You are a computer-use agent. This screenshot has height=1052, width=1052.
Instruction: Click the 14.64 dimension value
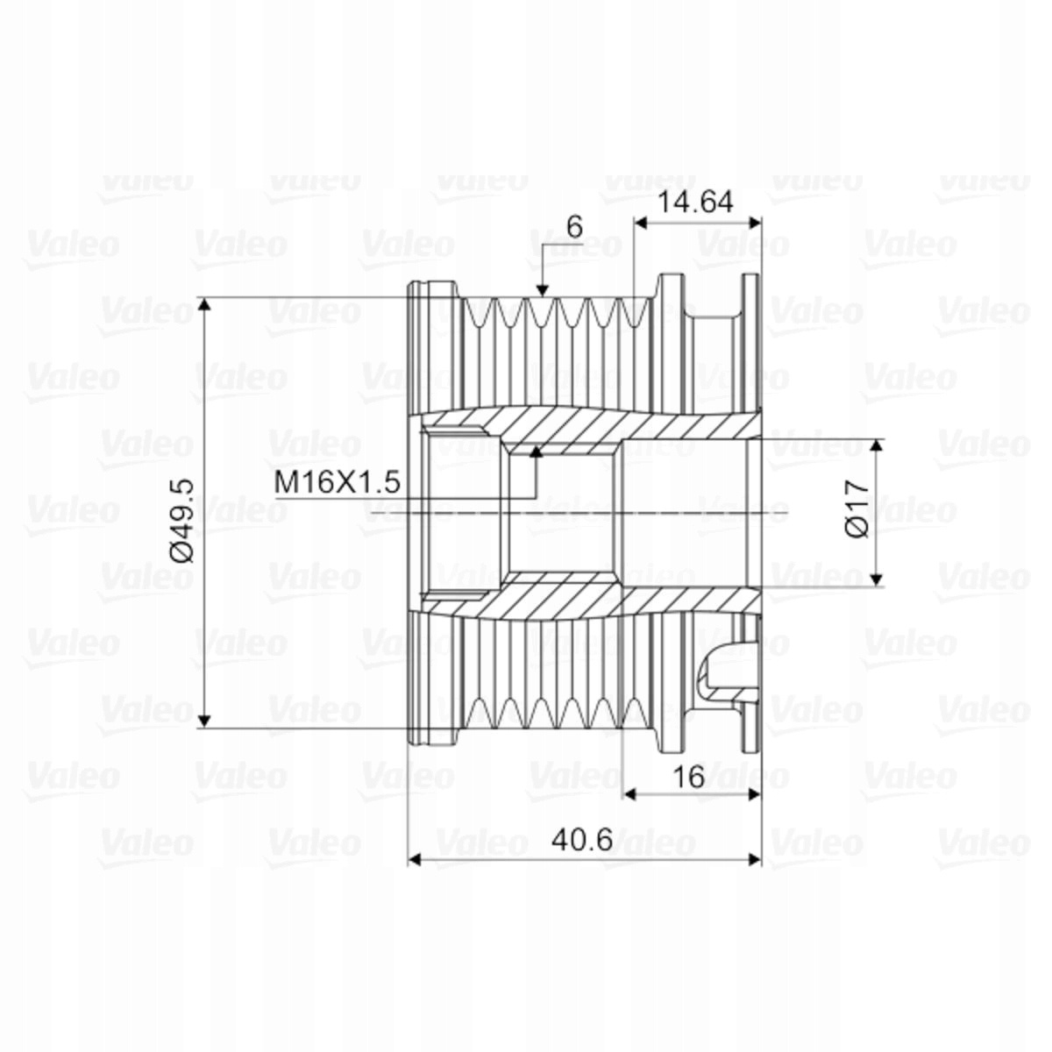695,203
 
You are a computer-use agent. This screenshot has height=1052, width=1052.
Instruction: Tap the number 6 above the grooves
574,226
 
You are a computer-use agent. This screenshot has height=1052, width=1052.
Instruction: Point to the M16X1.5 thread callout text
338,482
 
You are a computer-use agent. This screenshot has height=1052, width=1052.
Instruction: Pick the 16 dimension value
688,777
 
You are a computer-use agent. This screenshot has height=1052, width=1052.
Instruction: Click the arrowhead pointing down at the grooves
542,291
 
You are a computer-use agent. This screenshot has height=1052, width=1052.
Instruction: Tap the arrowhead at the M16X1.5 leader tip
537,451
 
